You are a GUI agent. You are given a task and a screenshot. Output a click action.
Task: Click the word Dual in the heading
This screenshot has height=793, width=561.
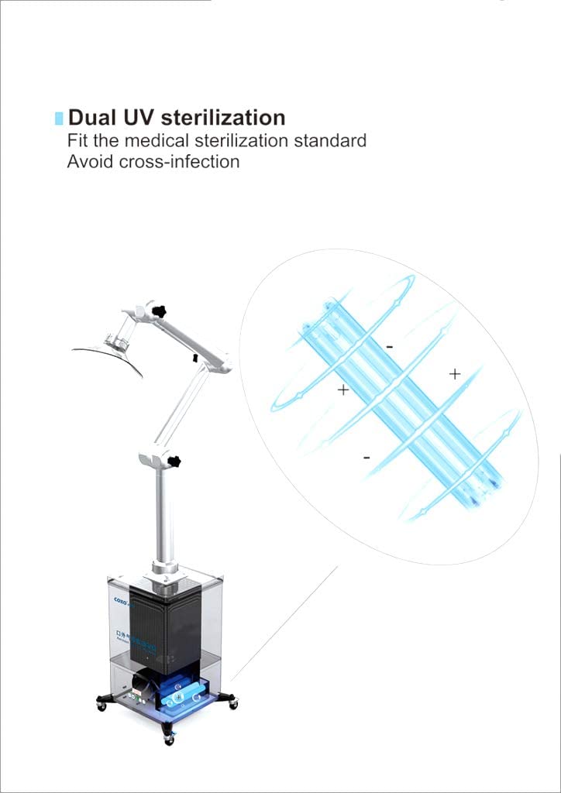tap(91, 118)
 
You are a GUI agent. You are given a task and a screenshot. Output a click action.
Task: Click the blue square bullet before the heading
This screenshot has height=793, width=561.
tap(59, 118)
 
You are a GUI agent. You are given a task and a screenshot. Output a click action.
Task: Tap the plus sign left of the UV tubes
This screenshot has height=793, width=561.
tap(343, 390)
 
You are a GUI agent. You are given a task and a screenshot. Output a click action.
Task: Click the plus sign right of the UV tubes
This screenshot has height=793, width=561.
tap(455, 374)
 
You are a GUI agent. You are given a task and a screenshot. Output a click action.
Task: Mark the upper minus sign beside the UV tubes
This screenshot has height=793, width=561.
tap(389, 347)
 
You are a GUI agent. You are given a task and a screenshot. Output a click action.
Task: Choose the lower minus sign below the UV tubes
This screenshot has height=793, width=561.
tap(367, 458)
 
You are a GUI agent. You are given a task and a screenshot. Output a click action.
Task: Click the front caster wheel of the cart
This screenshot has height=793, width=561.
tap(169, 738)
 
